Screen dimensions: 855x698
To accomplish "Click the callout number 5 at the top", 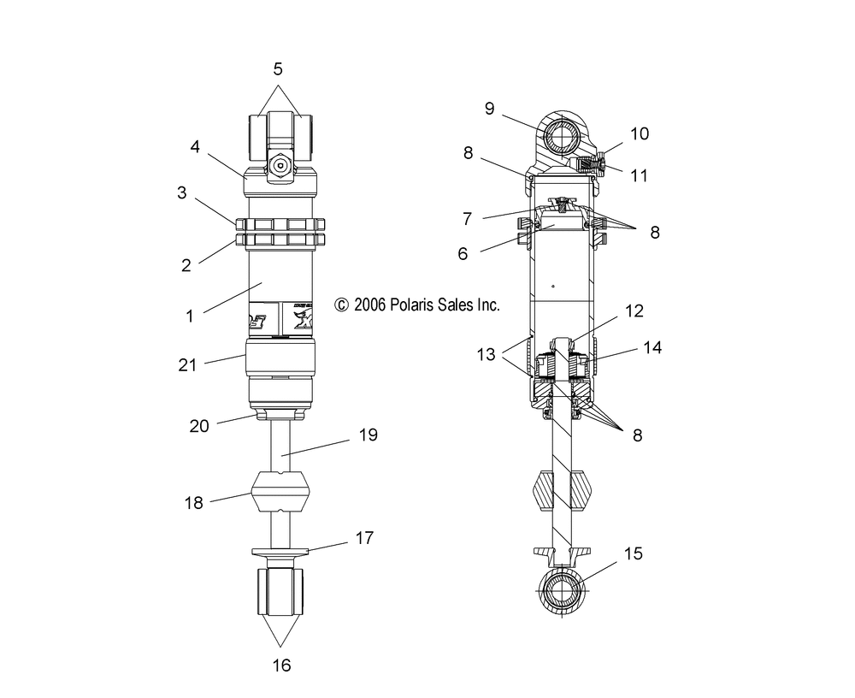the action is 278,69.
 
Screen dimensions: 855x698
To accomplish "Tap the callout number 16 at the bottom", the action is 281,665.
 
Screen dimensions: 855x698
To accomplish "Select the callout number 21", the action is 187,364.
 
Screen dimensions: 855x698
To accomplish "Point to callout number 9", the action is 489,109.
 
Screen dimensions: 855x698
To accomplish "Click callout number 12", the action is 634,311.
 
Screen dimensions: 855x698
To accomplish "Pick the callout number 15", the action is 633,553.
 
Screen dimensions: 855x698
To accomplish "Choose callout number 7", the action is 468,219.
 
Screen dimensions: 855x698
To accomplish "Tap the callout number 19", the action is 368,435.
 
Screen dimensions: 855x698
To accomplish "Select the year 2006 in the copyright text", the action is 369,305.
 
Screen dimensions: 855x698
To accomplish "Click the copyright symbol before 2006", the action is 341,305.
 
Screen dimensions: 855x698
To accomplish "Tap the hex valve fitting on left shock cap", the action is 280,165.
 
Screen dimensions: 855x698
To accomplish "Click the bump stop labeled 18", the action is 280,492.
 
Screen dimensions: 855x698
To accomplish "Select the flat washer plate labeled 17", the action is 280,552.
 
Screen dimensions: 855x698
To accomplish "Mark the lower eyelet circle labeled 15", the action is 562,591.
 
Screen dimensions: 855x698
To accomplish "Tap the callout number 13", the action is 486,355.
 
